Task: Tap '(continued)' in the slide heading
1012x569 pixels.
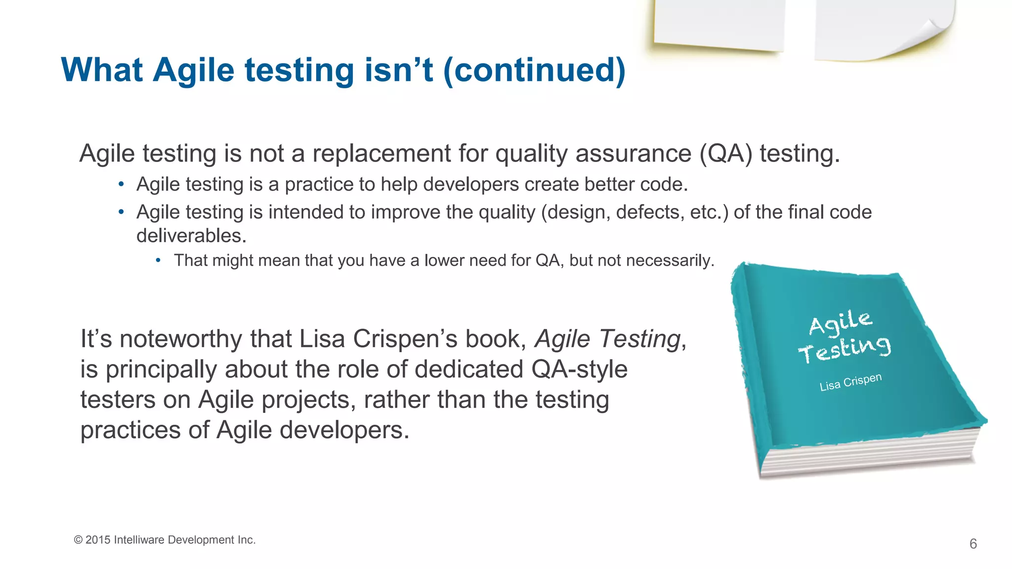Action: point(534,70)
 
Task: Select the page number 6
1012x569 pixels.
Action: point(973,544)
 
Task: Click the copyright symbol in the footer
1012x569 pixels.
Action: point(78,540)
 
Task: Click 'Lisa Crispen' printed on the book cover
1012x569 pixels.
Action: point(850,382)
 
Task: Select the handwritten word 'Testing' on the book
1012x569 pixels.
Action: point(845,349)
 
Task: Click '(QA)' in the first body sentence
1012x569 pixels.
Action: point(726,154)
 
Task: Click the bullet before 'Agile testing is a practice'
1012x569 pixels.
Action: point(121,185)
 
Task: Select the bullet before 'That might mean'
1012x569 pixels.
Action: point(158,260)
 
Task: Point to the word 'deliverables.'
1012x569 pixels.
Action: point(191,236)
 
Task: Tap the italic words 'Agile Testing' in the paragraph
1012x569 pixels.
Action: point(608,339)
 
